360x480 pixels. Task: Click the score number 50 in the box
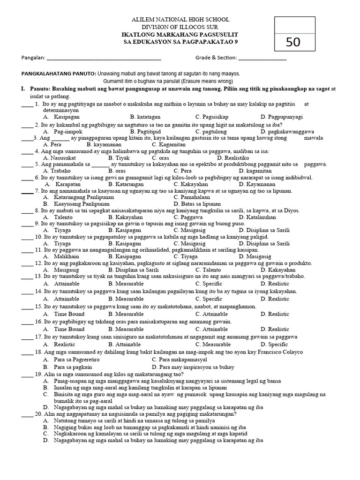coord(293,42)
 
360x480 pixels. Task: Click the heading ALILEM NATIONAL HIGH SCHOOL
coord(180,20)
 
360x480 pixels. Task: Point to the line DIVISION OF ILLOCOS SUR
coord(180,27)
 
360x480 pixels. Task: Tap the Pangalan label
coord(33,58)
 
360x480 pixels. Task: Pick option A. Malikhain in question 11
coord(60,256)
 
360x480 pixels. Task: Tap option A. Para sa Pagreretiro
coord(67,359)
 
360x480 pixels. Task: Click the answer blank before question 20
coord(27,414)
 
